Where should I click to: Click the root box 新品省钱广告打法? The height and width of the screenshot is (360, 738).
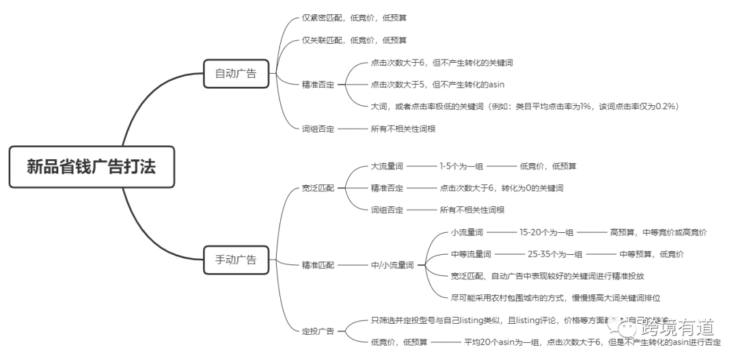point(91,167)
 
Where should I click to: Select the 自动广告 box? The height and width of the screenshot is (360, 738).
point(236,73)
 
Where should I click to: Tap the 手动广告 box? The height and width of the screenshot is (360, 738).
point(236,259)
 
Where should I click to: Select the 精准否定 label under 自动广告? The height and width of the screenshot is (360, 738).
point(318,85)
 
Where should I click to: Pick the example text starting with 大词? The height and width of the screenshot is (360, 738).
point(524,107)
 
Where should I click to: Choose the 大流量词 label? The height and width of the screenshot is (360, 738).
point(387,166)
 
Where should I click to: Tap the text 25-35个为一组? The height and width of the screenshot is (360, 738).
point(555,254)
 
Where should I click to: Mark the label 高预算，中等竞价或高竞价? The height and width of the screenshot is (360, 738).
point(658,232)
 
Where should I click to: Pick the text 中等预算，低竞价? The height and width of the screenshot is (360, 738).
point(651,254)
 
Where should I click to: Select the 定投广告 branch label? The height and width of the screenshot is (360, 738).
point(318,331)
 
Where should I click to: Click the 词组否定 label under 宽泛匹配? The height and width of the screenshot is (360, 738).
point(387,210)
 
